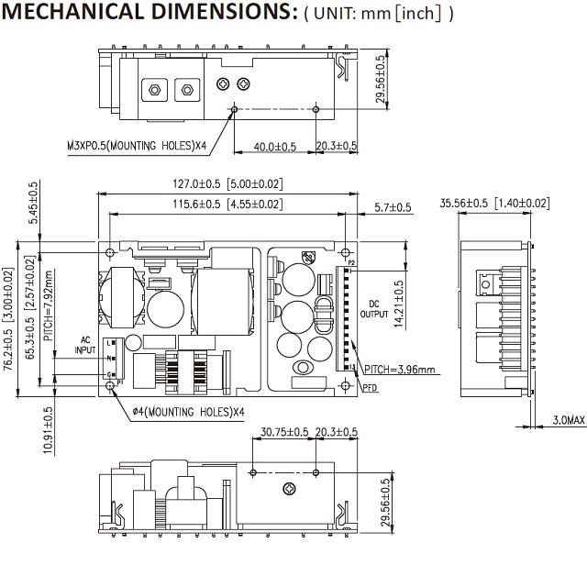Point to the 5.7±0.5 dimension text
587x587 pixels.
pos(393,208)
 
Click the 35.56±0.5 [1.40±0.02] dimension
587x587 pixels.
pos(494,203)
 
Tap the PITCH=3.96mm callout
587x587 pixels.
pos(399,370)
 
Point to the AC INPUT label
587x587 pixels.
pos(83,344)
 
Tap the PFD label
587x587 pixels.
pos(370,388)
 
